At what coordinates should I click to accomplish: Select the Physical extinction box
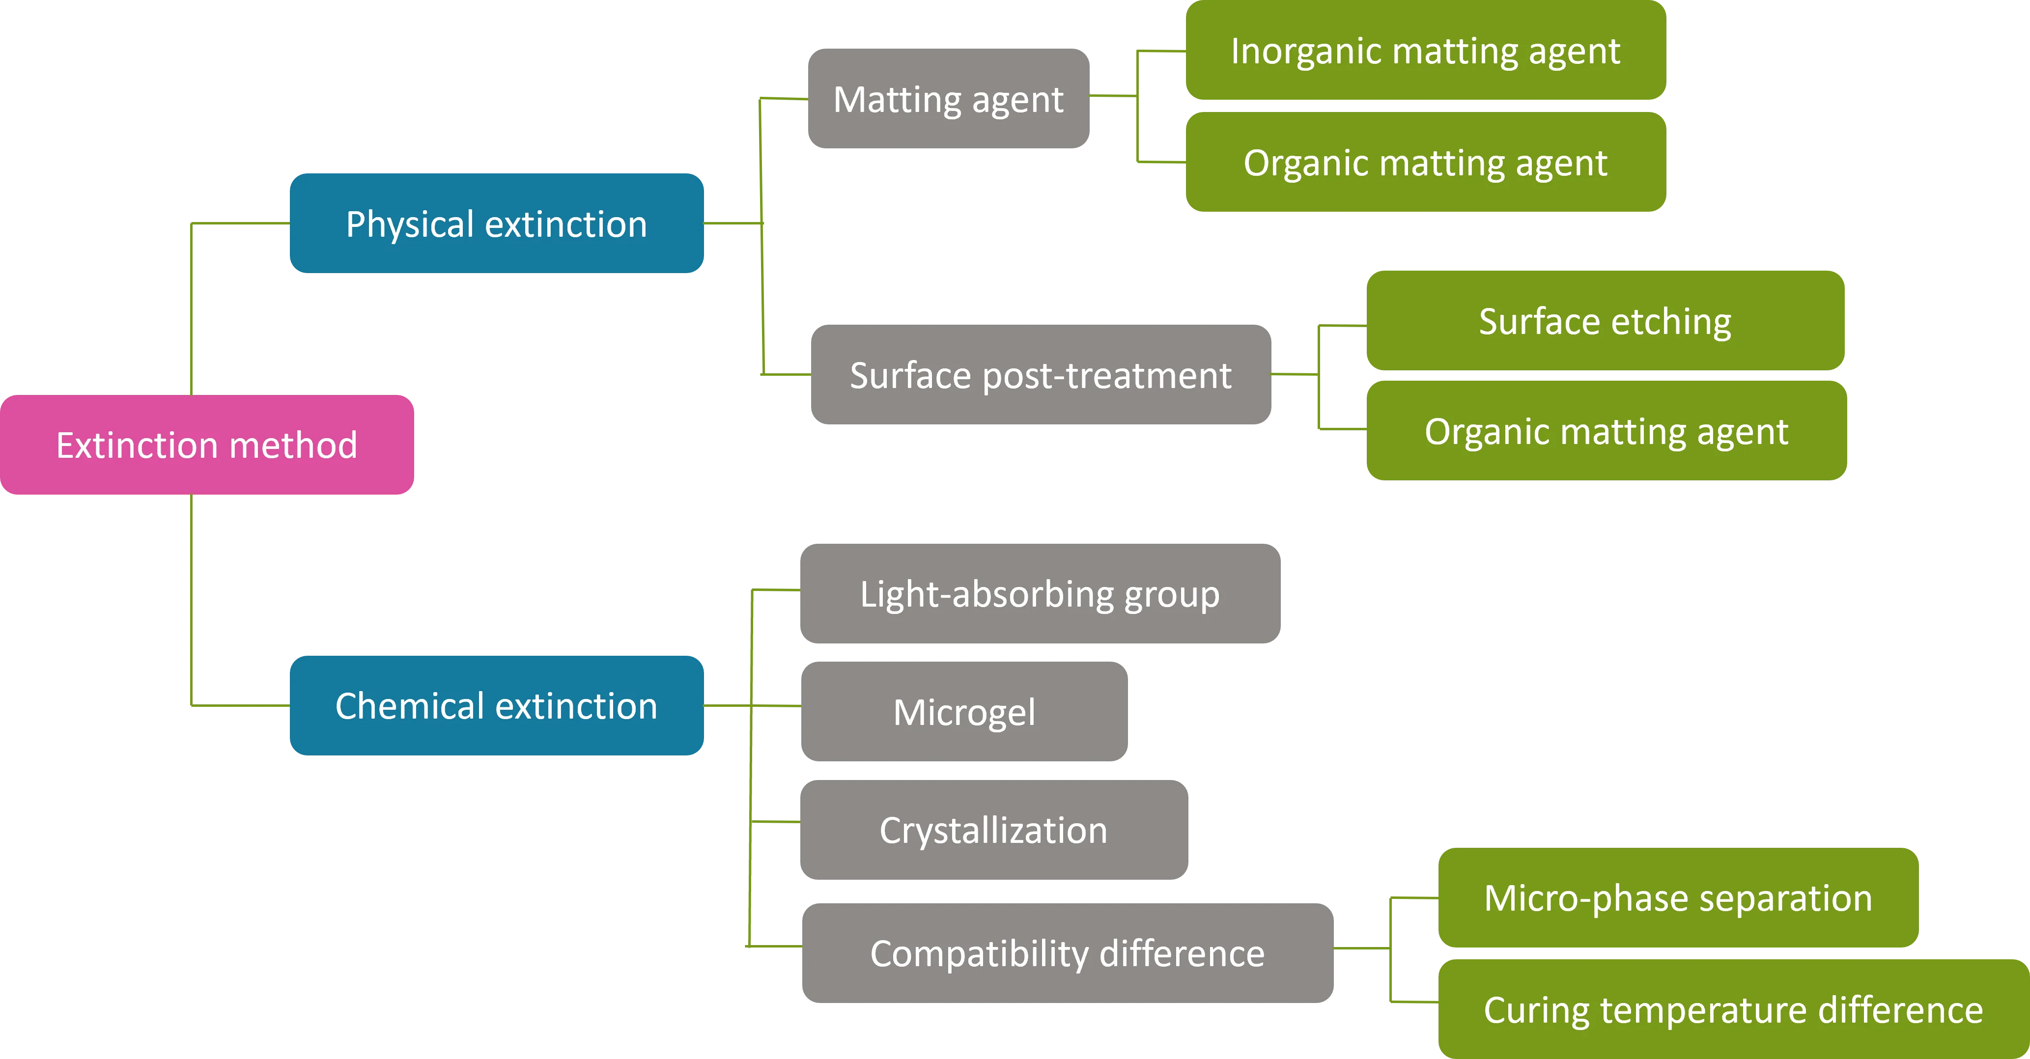click(497, 224)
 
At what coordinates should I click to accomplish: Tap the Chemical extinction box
click(497, 705)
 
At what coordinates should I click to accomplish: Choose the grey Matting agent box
click(948, 99)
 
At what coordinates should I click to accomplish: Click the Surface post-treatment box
click(1040, 374)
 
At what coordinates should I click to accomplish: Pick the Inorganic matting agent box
click(1425, 51)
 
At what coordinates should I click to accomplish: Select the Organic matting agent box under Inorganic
click(1425, 162)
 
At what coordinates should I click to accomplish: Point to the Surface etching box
click(1605, 321)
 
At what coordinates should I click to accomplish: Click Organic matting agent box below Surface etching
click(1605, 431)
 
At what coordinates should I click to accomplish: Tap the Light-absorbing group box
click(1039, 593)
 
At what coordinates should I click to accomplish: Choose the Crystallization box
click(993, 830)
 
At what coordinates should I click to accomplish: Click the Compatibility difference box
click(1067, 952)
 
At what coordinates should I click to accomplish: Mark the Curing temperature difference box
click(1732, 1009)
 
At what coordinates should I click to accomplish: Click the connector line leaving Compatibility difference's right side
click(1362, 948)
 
